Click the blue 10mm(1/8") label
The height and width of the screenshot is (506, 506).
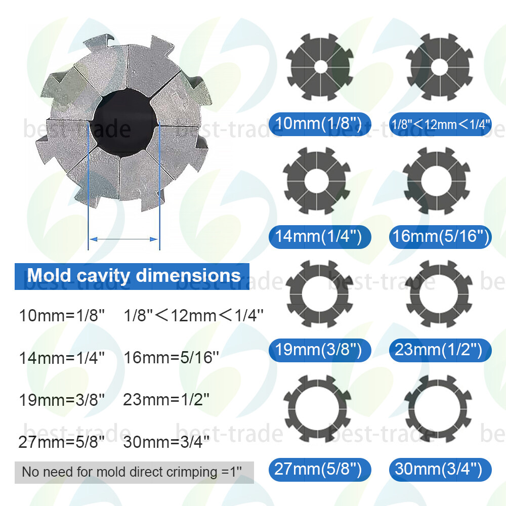pyautogui.click(x=320, y=124)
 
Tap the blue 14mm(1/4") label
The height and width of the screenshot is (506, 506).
pyautogui.click(x=320, y=237)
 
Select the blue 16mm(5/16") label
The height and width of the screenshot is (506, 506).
pyautogui.click(x=441, y=237)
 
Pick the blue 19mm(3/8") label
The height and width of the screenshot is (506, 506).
pyautogui.click(x=320, y=350)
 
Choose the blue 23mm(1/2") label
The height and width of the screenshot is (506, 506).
pyautogui.click(x=441, y=350)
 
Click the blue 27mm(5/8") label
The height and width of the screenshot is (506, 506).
pyautogui.click(x=320, y=470)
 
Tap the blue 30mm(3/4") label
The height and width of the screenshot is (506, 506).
pyautogui.click(x=441, y=470)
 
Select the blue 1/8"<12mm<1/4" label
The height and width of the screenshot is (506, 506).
pyautogui.click(x=441, y=124)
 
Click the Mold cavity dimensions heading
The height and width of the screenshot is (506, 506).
pyautogui.click(x=132, y=276)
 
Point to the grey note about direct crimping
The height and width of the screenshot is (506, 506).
pyautogui.click(x=134, y=473)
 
